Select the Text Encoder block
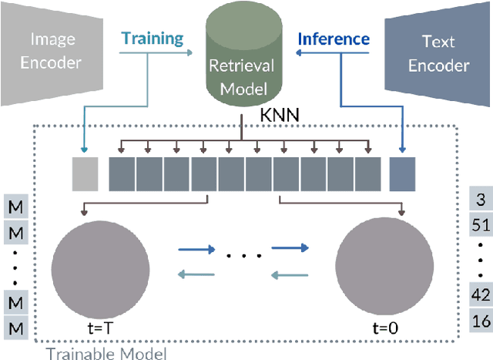(439, 52)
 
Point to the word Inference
(334, 38)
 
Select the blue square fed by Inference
(402, 173)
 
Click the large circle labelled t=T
(100, 269)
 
